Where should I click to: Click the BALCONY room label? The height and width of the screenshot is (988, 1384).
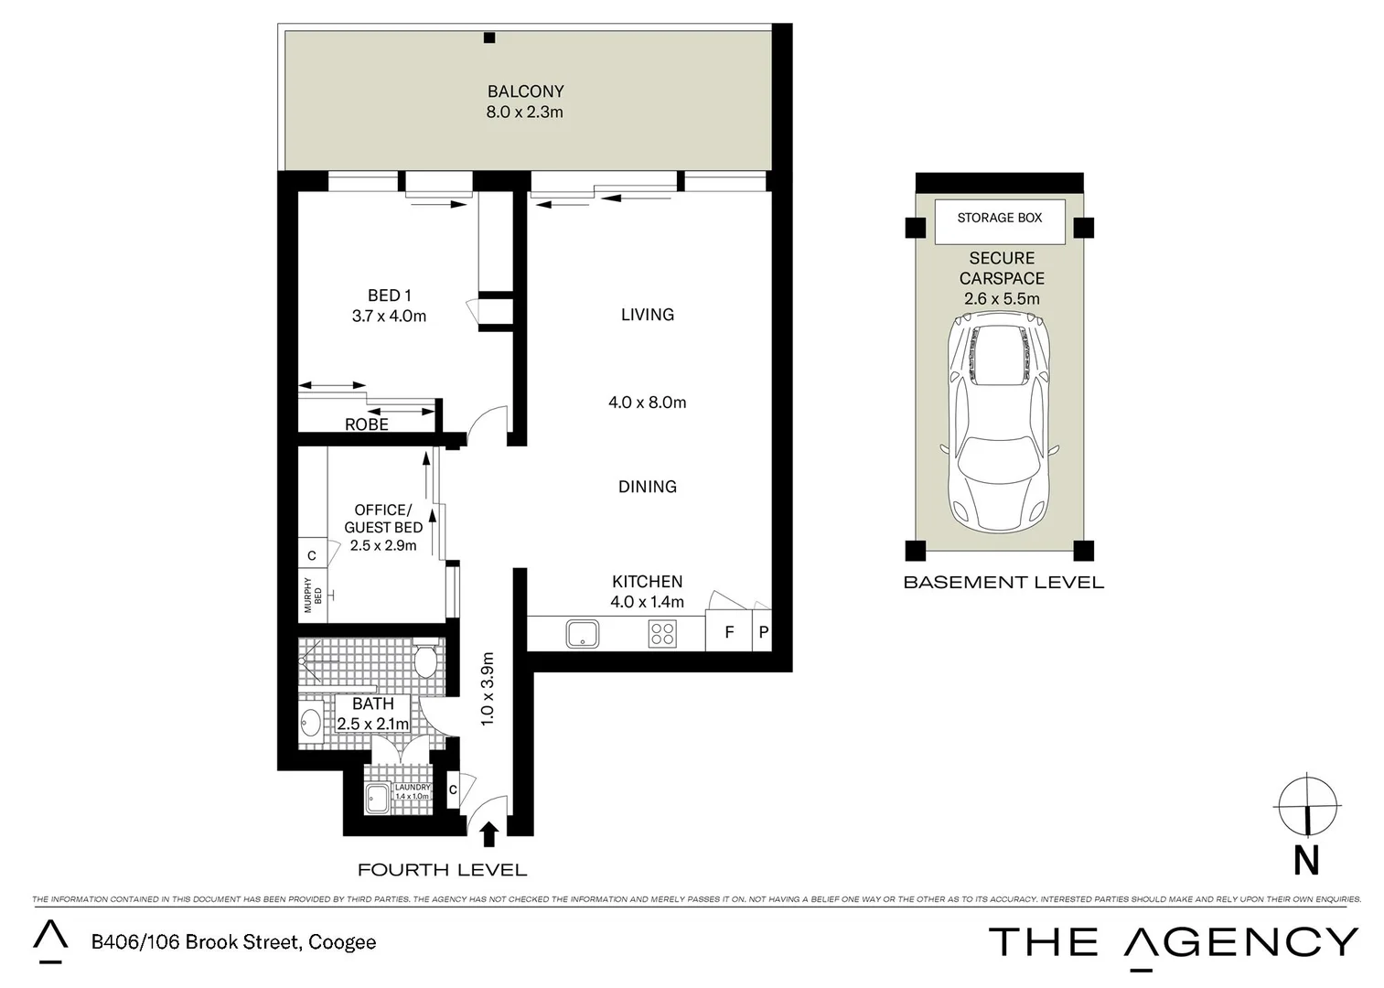tap(525, 91)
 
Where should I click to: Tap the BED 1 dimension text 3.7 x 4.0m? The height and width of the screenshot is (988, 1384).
tap(389, 317)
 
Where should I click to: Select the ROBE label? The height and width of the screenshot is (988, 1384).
tap(366, 424)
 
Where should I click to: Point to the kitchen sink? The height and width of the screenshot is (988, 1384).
tap(582, 633)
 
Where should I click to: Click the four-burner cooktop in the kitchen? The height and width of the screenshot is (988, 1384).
tap(662, 633)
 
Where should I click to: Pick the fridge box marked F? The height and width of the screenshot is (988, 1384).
tap(729, 632)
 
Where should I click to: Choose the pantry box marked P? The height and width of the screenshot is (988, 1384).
tap(763, 632)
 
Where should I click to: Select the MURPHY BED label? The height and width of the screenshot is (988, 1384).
tap(313, 595)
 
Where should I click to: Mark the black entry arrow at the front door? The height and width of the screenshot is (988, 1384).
tap(489, 833)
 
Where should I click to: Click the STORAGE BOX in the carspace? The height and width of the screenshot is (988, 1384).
tap(999, 219)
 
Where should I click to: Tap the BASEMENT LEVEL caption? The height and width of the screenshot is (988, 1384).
tap(1003, 583)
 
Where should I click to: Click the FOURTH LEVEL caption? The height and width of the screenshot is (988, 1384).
tap(442, 870)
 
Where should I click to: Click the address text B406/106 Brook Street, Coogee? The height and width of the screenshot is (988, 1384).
tap(233, 942)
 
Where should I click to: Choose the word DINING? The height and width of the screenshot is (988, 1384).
tap(647, 487)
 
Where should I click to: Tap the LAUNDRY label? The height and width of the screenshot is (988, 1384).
tap(413, 787)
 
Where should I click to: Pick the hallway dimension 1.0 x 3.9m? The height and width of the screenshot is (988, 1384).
tap(488, 689)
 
